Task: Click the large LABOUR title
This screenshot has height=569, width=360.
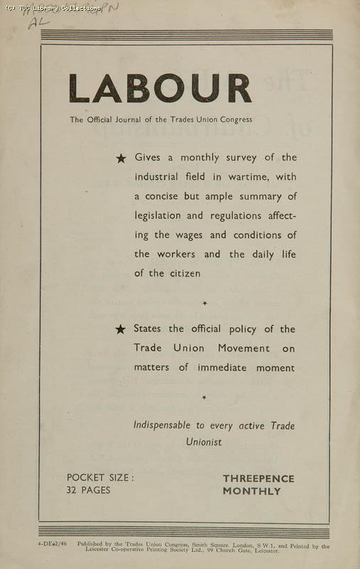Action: (x=160, y=89)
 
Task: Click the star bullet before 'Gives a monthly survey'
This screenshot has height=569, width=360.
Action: (x=121, y=159)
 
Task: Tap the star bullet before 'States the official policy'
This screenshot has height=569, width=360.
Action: (x=121, y=329)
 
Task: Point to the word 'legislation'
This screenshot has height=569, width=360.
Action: (x=159, y=216)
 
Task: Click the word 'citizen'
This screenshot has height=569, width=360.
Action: (x=183, y=273)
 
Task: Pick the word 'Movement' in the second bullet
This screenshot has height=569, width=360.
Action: (x=239, y=349)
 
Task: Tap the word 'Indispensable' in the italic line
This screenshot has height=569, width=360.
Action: (x=163, y=425)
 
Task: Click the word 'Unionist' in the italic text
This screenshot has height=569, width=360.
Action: (x=203, y=442)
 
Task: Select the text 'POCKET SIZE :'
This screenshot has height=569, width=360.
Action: (x=100, y=478)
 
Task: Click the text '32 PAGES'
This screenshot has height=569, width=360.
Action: (x=88, y=490)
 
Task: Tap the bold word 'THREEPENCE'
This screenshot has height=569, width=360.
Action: (x=258, y=479)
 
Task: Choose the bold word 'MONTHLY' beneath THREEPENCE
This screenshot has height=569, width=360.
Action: (x=252, y=491)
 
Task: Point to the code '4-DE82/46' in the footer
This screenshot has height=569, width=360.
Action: (x=53, y=544)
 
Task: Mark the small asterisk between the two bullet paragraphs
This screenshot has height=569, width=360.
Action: (x=205, y=304)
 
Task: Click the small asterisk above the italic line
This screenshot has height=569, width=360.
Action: (x=204, y=398)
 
